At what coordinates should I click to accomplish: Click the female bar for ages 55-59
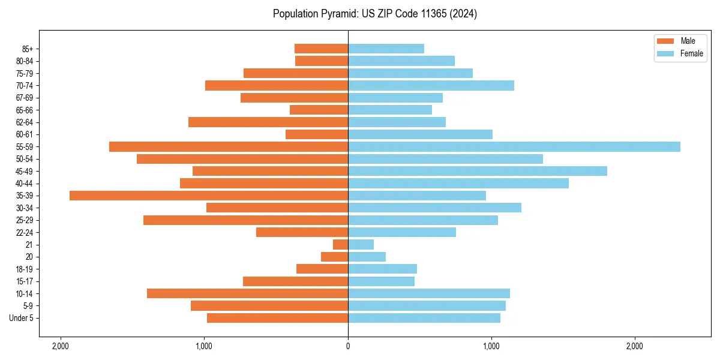tap(514, 146)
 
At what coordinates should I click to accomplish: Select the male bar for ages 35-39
tap(209, 196)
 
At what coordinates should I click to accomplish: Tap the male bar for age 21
tap(340, 244)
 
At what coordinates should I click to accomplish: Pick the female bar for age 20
tap(367, 257)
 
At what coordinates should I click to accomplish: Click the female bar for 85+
tap(386, 49)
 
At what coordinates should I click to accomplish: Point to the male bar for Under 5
tap(277, 318)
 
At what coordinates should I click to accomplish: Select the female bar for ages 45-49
tap(477, 171)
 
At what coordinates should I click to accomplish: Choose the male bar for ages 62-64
tap(268, 122)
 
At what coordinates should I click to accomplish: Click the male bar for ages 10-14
tap(247, 293)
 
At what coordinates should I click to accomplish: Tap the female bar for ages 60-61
tap(420, 134)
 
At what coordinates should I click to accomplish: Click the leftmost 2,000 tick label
tap(60, 346)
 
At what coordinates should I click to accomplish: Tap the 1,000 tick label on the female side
tap(491, 346)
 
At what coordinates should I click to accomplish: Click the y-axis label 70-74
tap(25, 86)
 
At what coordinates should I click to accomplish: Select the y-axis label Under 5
tap(21, 318)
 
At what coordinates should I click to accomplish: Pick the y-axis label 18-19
tap(25, 269)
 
